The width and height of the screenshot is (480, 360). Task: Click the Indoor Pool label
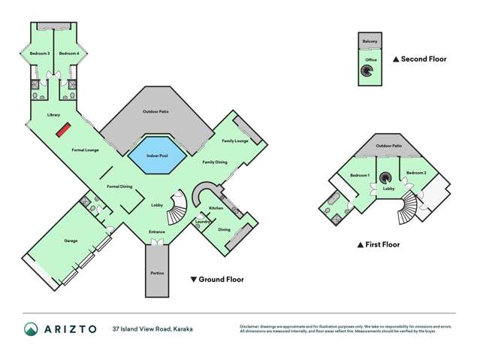156,156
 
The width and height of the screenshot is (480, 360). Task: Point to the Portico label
157,272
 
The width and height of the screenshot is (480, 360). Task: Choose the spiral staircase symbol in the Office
368,72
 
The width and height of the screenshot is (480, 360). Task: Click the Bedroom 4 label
69,53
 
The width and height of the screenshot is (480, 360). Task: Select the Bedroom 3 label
39,53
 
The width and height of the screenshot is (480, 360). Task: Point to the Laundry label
201,221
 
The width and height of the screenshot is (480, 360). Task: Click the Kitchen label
216,207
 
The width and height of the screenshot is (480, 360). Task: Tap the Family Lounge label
235,141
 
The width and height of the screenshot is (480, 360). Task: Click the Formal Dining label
120,186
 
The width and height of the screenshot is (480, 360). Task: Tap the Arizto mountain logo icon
30,328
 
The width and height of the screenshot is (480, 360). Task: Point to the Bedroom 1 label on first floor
360,175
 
